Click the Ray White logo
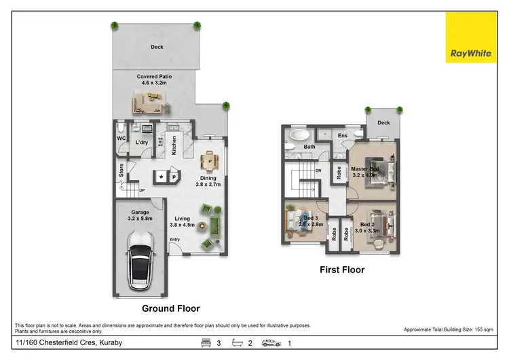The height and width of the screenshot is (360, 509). tap(470, 38)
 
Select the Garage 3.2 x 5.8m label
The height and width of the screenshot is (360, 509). tap(139, 216)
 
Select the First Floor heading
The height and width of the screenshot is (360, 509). tap(342, 270)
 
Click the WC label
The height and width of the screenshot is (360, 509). tap(122, 139)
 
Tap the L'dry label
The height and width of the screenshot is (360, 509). tap(142, 142)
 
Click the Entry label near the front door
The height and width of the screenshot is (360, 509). tap(175, 239)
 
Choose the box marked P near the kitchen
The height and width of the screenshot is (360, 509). tap(174, 177)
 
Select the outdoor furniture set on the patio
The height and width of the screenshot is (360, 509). tap(149, 103)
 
